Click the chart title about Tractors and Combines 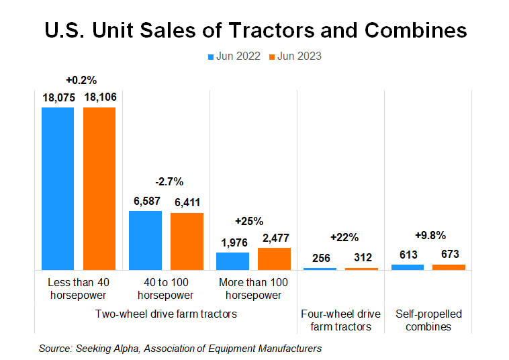click(x=254, y=30)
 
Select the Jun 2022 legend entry click(x=234, y=56)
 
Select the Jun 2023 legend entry click(x=295, y=56)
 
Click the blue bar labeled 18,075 click(x=58, y=188)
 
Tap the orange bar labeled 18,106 click(x=99, y=188)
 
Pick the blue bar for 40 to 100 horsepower click(x=145, y=240)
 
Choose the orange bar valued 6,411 click(x=187, y=241)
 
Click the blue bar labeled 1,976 click(x=232, y=261)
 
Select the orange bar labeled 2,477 click(x=274, y=259)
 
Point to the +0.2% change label click(x=79, y=79)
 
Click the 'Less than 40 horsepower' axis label click(x=79, y=289)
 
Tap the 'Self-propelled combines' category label click(x=428, y=320)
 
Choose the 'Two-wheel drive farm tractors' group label click(x=166, y=314)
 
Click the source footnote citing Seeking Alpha click(x=180, y=348)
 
